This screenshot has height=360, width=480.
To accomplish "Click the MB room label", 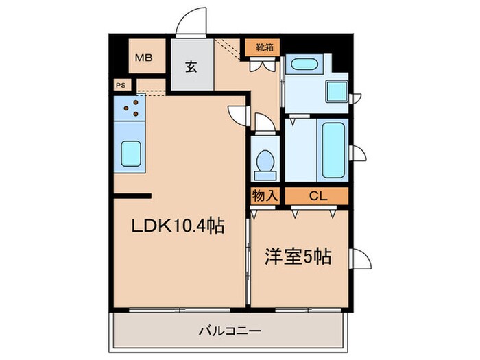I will point(143,58).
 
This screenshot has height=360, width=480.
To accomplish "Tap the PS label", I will point(121,86).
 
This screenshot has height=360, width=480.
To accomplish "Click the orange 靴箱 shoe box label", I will point(263,49).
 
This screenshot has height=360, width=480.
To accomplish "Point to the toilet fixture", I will point(263,160).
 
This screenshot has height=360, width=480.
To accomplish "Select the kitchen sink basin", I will point(131,154).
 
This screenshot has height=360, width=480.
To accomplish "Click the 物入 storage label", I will point(265,196).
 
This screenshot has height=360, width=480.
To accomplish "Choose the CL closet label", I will point(317,196).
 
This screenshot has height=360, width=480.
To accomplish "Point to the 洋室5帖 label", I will point(299,257).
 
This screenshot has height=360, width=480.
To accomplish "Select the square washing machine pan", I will point(337,91).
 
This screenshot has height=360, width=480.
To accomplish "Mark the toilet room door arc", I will point(264,123).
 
